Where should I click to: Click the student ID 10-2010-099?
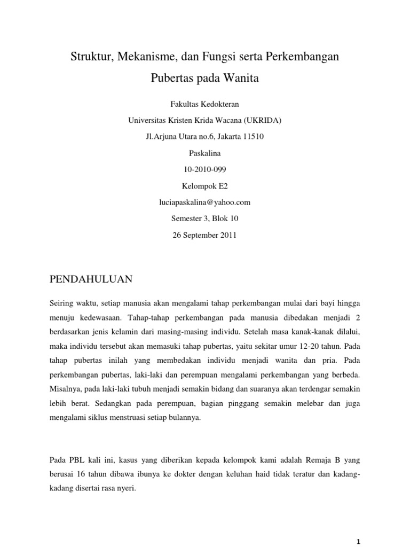coord(205,169)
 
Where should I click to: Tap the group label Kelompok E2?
coord(205,186)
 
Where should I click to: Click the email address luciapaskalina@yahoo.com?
coord(205,202)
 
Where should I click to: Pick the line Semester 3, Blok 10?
coord(205,218)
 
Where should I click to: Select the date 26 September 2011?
coord(205,235)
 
